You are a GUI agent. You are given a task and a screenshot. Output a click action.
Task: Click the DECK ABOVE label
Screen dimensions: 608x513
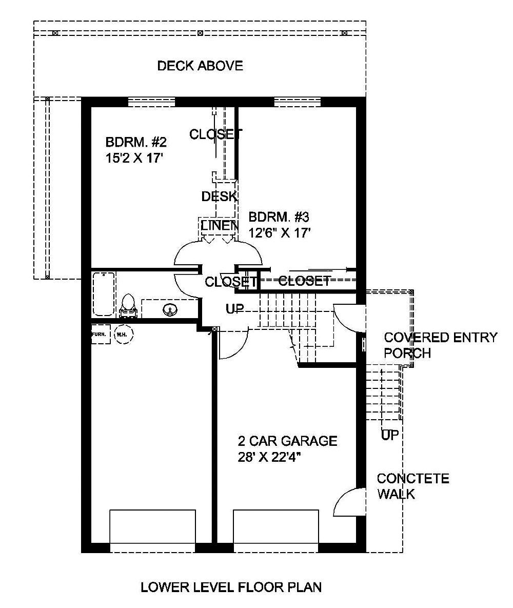(200, 66)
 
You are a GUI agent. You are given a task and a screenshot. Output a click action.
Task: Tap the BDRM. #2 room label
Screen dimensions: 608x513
(136, 142)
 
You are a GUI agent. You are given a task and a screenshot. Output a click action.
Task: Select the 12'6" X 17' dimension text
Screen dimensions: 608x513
(280, 232)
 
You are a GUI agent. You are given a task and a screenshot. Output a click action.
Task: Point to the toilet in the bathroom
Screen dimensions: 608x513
(128, 304)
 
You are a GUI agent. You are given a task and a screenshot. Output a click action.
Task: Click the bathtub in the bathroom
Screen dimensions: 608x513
(104, 293)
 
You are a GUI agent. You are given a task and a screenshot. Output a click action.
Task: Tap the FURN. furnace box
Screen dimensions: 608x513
(100, 335)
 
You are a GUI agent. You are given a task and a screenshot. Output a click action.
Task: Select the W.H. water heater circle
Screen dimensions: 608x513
(123, 335)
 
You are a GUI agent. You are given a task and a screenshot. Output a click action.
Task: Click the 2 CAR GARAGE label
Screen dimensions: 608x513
(287, 441)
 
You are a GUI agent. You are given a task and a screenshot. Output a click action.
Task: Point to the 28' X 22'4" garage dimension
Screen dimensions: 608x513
(269, 457)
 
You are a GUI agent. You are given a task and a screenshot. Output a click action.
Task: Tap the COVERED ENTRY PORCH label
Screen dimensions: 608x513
(440, 345)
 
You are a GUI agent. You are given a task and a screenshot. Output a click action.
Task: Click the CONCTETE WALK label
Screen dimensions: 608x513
(412, 486)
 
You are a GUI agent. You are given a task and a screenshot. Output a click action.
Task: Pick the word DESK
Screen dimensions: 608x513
(219, 197)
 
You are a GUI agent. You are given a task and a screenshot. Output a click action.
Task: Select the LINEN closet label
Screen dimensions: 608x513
(219, 225)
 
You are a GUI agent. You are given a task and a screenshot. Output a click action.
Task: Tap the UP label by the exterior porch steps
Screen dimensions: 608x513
(390, 436)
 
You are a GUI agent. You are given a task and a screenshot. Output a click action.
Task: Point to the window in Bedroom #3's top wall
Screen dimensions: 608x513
(297, 102)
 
